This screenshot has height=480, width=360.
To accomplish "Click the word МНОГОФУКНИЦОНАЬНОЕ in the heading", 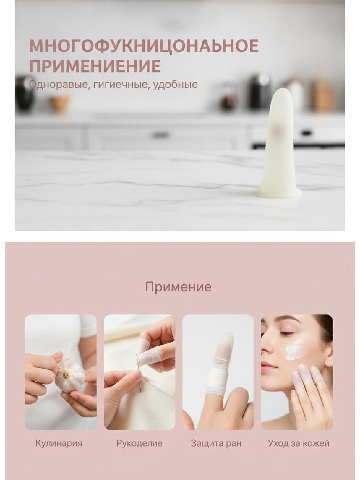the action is pos(144,46).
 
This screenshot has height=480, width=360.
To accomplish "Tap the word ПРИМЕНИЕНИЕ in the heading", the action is pos(95,66).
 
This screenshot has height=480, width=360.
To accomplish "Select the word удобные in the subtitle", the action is pos(175,84).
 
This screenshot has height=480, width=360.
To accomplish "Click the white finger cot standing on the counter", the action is pos(279,144).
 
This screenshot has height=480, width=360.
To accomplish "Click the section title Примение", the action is pos(178,287).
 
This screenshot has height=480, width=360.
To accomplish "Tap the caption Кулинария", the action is pos(59,443).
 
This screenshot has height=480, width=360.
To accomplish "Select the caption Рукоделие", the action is pos(139,443).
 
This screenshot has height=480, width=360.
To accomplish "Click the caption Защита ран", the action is pos(216,443).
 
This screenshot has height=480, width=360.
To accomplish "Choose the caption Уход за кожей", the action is pos(299,443).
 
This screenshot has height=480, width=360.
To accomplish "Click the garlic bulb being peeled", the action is pos(70,375).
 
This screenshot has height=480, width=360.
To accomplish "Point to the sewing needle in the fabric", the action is pos(138,373).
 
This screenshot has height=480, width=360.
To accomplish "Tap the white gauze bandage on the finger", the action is pos(217,378).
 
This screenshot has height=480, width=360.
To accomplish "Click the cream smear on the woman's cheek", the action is pos(295,351).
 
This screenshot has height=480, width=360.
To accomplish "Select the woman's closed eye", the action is pos(286,334).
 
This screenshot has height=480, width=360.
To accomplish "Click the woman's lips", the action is pos(267,366).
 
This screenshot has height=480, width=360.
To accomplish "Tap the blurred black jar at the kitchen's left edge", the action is pos(24,94).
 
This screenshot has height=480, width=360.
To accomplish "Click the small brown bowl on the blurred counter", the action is pos(59,103).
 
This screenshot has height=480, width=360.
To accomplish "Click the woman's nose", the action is pos(266,348).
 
